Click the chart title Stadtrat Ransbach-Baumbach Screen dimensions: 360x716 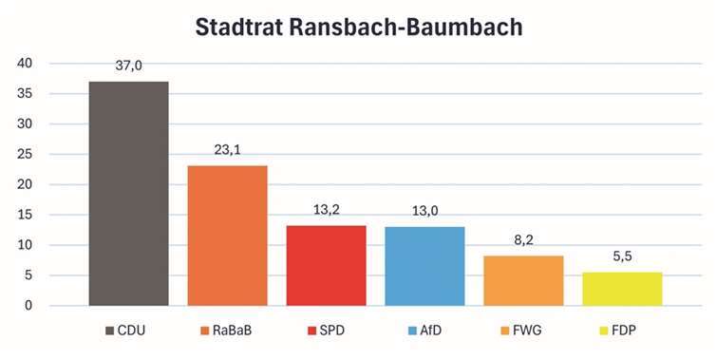(x=359, y=28)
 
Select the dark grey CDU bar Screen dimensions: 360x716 (x=128, y=194)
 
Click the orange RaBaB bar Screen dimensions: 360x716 (x=227, y=236)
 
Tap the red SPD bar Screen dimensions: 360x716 (x=326, y=266)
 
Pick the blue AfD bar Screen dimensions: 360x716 (x=424, y=266)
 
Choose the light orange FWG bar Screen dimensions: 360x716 (x=523, y=281)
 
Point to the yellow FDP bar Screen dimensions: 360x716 (x=622, y=289)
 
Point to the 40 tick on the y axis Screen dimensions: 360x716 (x=25, y=64)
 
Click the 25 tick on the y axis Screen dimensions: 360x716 (x=25, y=154)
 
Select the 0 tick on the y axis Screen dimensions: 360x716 (x=28, y=306)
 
